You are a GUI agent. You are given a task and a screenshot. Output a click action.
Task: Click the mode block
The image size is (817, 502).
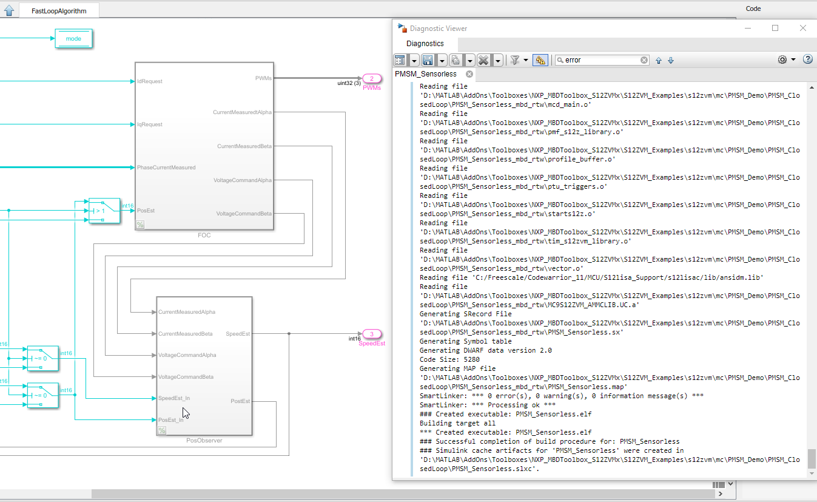click(73, 38)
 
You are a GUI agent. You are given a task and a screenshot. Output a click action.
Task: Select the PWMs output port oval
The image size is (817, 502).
click(371, 78)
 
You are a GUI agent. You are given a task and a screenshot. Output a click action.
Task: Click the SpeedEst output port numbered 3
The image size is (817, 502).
click(371, 334)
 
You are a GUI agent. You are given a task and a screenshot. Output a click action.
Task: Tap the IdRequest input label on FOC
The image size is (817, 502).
click(150, 81)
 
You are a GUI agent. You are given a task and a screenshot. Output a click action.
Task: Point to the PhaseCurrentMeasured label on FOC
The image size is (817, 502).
click(166, 168)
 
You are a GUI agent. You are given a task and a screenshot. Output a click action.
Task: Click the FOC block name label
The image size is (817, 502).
click(204, 235)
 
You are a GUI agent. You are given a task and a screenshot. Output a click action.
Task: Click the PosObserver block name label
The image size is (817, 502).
click(204, 440)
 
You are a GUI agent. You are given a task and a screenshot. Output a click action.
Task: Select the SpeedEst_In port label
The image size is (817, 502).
click(174, 398)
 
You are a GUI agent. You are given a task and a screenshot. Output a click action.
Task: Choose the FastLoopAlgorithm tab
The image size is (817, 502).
click(59, 11)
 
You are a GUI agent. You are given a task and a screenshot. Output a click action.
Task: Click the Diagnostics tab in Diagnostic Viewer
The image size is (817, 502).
click(425, 44)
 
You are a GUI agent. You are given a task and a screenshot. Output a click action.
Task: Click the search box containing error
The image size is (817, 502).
click(600, 60)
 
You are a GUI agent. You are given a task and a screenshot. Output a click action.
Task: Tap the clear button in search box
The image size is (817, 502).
click(644, 60)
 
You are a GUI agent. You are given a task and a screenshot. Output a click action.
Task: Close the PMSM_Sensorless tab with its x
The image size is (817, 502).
click(469, 74)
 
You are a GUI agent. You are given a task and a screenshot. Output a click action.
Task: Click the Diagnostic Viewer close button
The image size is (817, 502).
click(803, 28)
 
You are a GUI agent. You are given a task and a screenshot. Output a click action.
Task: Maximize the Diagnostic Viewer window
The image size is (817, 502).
click(775, 28)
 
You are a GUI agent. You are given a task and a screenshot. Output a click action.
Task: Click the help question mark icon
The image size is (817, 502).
click(807, 59)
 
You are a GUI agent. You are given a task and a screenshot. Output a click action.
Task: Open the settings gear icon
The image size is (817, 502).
click(782, 59)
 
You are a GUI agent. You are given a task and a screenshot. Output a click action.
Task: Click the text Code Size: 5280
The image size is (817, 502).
click(449, 359)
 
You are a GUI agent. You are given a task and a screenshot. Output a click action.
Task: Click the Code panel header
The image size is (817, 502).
click(753, 8)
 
